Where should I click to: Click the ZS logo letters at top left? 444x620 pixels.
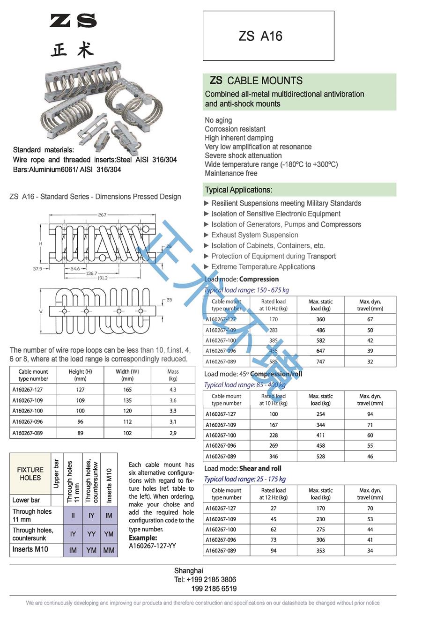73,21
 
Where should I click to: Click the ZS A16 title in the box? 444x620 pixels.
260,36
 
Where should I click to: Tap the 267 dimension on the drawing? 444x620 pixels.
102,215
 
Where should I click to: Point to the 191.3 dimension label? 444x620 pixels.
103,278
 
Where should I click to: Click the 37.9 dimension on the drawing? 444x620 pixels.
37,269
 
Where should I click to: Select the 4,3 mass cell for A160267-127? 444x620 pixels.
173,390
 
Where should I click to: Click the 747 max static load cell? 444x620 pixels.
320,362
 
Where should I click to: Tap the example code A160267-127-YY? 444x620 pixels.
152,546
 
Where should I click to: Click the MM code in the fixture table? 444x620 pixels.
109,550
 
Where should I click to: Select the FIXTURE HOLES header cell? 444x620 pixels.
30,474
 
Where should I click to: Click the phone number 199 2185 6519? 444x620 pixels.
214,589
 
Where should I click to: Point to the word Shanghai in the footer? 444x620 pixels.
189,570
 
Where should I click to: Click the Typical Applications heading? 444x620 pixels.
238,190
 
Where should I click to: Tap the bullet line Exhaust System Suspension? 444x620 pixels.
254,235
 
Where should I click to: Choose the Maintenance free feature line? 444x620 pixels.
231,173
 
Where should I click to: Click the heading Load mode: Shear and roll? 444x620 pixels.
243,468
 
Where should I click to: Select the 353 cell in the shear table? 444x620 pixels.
320,551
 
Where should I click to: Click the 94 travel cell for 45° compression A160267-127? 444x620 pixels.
370,414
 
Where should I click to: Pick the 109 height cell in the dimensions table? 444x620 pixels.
81,400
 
